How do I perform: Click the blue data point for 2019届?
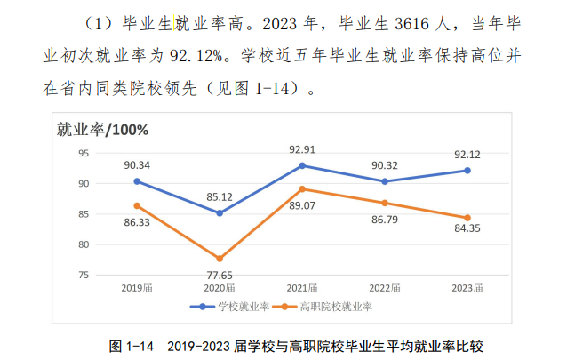pos(137,181)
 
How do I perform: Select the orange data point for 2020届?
pos(220,259)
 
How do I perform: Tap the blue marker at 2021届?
pos(302,165)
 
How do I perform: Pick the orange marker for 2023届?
pos(467,218)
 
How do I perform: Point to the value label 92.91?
pos(302,148)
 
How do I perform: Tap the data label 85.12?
pos(220,196)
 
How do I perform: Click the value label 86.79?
pos(384,220)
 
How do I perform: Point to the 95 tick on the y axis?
pos(84,153)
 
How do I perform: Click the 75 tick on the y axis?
pos(84,275)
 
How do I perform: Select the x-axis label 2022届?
pos(384,288)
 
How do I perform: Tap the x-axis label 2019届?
pos(137,288)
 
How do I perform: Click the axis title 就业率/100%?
pos(102,130)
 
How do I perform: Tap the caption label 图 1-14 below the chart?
pos(132,344)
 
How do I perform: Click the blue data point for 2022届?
pos(384,181)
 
